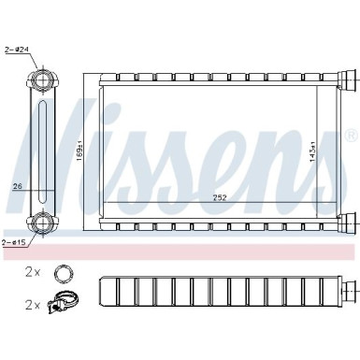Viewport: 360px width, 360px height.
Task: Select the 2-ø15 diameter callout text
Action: pyautogui.click(x=13, y=242)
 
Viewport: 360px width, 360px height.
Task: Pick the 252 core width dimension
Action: pyautogui.click(x=218, y=197)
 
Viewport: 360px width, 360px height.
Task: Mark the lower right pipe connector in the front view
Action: pyautogui.click(x=347, y=223)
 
